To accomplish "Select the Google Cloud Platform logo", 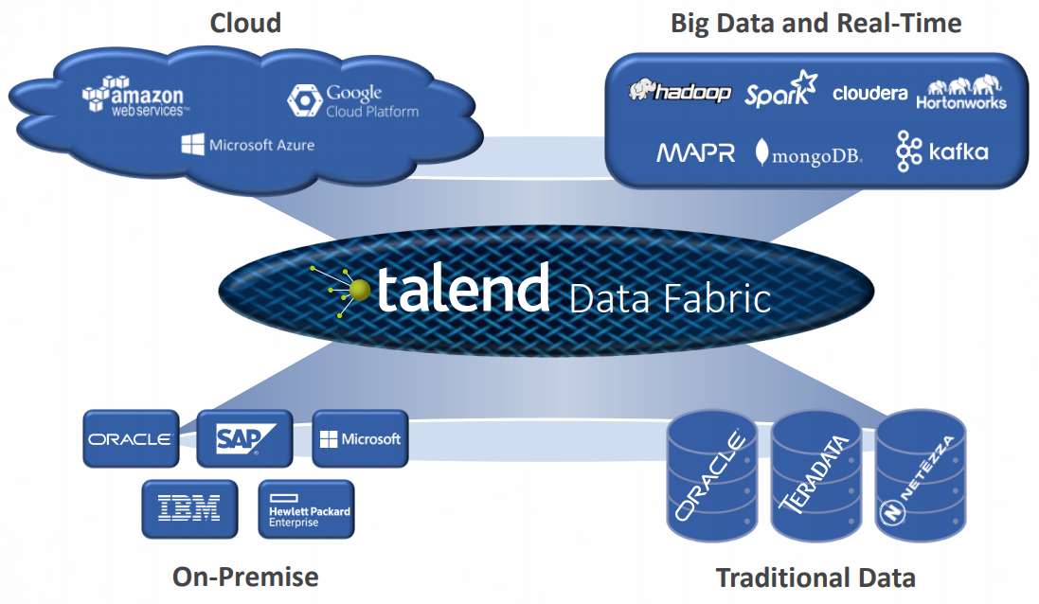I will click(x=353, y=100).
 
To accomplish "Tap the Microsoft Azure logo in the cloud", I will click(x=248, y=145).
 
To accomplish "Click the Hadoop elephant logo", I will click(x=680, y=91).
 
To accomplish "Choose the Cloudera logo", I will click(x=869, y=94).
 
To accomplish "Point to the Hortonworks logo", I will click(x=960, y=93).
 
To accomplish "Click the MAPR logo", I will click(x=695, y=152).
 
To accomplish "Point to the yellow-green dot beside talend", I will click(x=359, y=288).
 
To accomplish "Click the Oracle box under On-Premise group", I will click(x=130, y=438).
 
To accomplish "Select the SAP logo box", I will click(x=243, y=438).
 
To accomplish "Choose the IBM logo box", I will click(x=188, y=508).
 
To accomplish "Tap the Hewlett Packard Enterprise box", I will click(x=306, y=509).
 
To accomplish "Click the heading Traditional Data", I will click(x=815, y=577).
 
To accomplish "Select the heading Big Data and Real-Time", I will click(x=815, y=23).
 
